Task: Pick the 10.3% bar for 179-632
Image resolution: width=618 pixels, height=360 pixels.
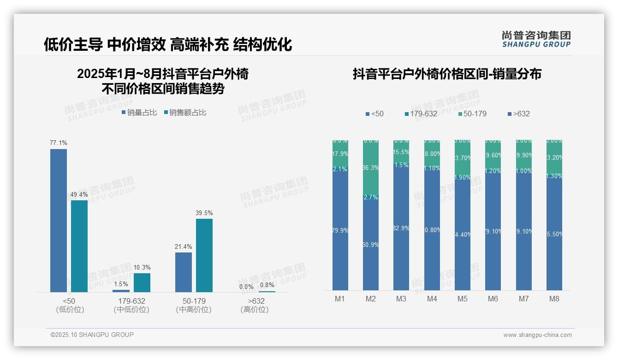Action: pyautogui.click(x=142, y=282)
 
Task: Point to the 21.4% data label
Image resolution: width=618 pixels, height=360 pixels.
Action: pyautogui.click(x=184, y=247)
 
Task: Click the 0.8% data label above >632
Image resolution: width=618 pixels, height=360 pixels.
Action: pyautogui.click(x=267, y=285)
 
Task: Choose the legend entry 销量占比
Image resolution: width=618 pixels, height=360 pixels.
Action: pyautogui.click(x=139, y=113)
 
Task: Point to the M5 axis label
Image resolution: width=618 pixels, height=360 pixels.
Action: pyautogui.click(x=462, y=299)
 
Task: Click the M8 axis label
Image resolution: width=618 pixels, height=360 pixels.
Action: pyautogui.click(x=554, y=299)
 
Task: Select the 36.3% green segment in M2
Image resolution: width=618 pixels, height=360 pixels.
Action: pyautogui.click(x=371, y=168)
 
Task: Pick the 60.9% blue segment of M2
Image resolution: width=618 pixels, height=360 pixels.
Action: pyautogui.click(x=371, y=245)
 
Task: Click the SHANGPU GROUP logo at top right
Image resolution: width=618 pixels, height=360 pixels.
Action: pyautogui.click(x=536, y=39)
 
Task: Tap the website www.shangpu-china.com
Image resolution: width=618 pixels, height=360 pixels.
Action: pyautogui.click(x=537, y=335)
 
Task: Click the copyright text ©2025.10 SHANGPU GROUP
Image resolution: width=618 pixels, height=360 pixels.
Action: pyautogui.click(x=92, y=335)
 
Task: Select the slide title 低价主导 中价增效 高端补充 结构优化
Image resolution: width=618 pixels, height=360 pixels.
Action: pyautogui.click(x=168, y=45)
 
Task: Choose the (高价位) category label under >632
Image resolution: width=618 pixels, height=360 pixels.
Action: pyautogui.click(x=255, y=310)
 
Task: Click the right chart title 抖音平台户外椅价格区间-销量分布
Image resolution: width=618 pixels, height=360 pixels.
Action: pyautogui.click(x=447, y=74)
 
